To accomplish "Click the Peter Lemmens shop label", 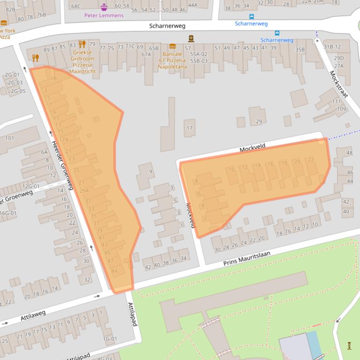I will point(104,15).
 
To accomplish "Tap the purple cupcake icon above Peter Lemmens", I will point(104,7).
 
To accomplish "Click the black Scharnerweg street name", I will point(167,26).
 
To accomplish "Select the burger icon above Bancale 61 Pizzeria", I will point(172,46).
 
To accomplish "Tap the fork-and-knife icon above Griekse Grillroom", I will point(82,44).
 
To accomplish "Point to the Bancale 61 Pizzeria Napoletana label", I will point(172,60).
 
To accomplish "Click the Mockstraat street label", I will point(338,84).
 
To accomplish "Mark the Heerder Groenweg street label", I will point(63,166).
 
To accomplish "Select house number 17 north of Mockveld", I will point(189,128).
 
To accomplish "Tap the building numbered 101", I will point(9,138).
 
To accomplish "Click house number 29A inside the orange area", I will point(84,191).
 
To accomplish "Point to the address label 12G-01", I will point(31,187).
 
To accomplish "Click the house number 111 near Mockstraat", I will point(337,101).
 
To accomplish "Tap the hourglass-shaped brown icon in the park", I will point(349,346).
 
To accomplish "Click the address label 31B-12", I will point(332,47).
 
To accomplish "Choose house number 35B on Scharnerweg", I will point(300,50).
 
